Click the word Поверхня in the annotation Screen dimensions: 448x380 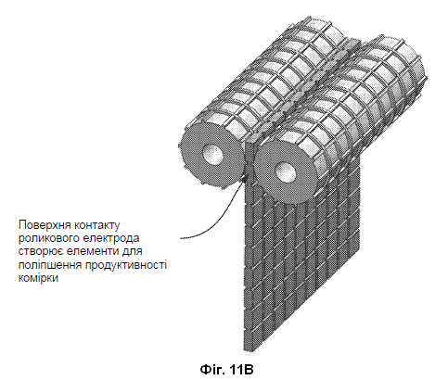45,225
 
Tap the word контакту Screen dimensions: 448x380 96,225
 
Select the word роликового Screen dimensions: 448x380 50,238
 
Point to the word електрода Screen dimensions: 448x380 112,238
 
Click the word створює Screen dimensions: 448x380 39,252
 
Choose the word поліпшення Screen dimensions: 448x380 50,265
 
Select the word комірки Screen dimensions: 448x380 38,278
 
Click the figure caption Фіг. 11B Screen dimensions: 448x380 226,369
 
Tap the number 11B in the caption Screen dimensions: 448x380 241,369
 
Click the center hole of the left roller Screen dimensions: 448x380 212,155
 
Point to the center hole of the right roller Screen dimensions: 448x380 286,172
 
